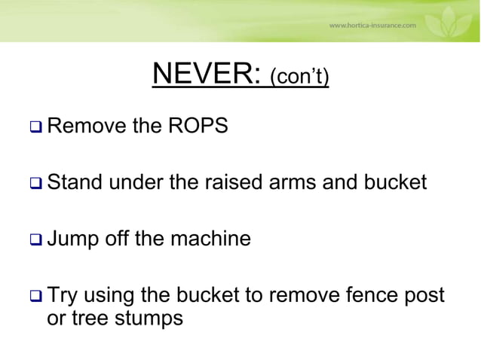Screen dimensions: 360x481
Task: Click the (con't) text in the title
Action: [299, 78]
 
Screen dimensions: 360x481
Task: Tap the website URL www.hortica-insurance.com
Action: [372, 24]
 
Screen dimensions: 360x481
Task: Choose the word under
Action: [136, 182]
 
